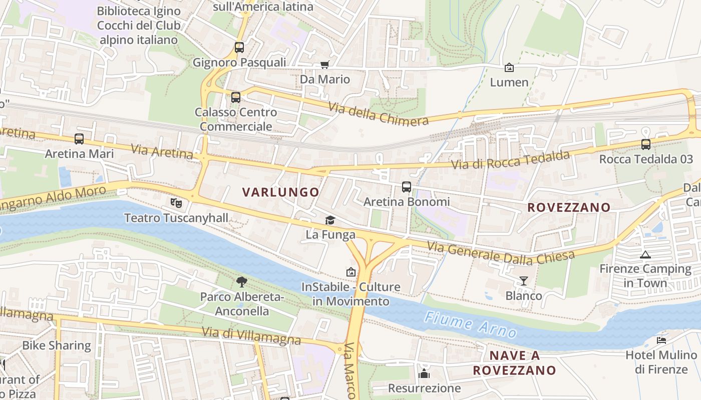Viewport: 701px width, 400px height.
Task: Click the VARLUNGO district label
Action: (x=280, y=192)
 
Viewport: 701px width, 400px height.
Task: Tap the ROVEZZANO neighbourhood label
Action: (x=569, y=207)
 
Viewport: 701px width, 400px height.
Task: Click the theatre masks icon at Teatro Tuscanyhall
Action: (x=176, y=202)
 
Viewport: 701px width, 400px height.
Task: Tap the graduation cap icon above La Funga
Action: (x=330, y=220)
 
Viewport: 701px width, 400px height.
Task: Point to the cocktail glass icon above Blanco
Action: (x=523, y=281)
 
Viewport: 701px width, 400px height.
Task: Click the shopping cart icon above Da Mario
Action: (x=324, y=64)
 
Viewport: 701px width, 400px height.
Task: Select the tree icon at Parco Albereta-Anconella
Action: (x=242, y=282)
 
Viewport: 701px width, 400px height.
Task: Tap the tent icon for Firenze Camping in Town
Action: (x=645, y=254)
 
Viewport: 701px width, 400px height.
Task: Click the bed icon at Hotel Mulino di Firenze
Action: (x=661, y=340)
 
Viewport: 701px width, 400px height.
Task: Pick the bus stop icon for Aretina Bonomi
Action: (x=407, y=187)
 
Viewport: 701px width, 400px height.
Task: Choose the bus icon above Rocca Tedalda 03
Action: (x=646, y=144)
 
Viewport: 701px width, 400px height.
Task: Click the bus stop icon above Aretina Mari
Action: (x=79, y=139)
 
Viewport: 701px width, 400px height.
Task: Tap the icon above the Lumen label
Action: (x=509, y=67)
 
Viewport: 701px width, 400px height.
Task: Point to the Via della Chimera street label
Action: (x=379, y=114)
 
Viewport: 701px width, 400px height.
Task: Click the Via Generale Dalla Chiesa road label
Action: (x=500, y=252)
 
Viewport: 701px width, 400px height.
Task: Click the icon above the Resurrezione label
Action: (x=424, y=373)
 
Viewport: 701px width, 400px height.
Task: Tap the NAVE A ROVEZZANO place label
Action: (x=514, y=363)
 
